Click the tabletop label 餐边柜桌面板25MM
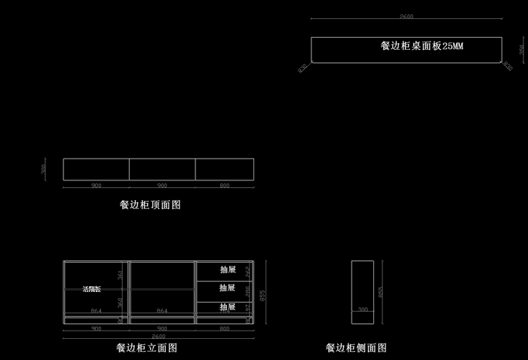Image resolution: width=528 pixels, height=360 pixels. coord(422,46)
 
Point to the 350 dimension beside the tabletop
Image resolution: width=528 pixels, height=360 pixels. coord(520,50)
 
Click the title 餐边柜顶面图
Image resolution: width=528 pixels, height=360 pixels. coord(150,205)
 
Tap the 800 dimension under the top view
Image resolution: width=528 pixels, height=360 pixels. coord(224,185)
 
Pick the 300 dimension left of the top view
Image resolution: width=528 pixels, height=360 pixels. coord(44,168)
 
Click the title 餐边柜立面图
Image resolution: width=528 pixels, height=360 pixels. coord(146,348)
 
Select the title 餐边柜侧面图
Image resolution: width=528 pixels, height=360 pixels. coord(356,348)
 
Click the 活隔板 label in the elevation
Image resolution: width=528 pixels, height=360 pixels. coord(91,289)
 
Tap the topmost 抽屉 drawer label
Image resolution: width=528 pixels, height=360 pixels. coord(228,269)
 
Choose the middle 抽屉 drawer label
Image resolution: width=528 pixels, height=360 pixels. coord(228,288)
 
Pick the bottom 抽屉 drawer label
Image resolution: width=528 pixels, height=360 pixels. coord(228,307)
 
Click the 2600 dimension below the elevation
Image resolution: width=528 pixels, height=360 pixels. coord(159,336)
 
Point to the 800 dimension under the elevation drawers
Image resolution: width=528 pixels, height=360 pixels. coord(224,329)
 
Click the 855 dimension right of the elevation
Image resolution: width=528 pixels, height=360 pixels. coord(262,296)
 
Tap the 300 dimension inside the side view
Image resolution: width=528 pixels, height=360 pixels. coord(363,309)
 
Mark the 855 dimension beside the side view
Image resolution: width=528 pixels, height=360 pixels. coord(381,291)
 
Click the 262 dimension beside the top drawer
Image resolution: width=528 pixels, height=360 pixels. coord(247,272)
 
